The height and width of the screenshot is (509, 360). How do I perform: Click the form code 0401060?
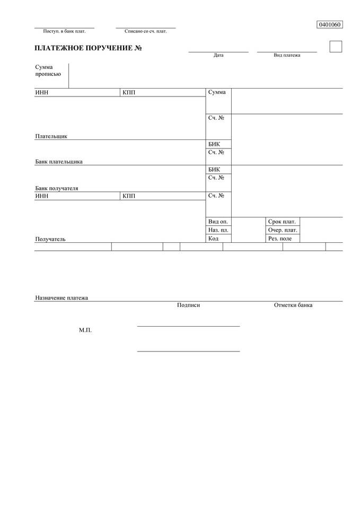tap(329, 24)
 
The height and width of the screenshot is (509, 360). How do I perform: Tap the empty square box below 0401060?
tap(336, 47)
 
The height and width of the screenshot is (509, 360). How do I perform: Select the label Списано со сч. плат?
tap(146, 31)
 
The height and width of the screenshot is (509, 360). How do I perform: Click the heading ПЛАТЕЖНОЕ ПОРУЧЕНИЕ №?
tap(88, 49)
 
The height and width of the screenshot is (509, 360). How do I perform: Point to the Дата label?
tap(218, 55)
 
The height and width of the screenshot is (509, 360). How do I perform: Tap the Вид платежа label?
tap(287, 55)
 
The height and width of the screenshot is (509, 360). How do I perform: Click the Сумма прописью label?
tap(48, 70)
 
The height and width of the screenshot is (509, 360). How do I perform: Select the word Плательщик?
tap(51, 136)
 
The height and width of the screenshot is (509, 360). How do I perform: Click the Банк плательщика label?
tap(59, 162)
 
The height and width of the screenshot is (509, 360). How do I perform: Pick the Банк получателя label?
tap(57, 188)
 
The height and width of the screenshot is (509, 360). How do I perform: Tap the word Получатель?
tap(50, 239)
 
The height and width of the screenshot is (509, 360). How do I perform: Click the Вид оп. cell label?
tap(218, 222)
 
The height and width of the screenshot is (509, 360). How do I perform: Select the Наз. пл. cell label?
tap(218, 230)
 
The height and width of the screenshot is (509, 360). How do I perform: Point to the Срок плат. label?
tap(282, 222)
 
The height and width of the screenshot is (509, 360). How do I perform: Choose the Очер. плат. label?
tap(283, 230)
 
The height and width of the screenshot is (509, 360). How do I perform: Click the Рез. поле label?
tap(280, 239)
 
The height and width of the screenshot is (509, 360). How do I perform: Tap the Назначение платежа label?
tap(62, 298)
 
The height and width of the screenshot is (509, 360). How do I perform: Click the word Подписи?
tap(189, 305)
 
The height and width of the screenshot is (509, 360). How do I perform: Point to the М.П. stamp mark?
tap(85, 330)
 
